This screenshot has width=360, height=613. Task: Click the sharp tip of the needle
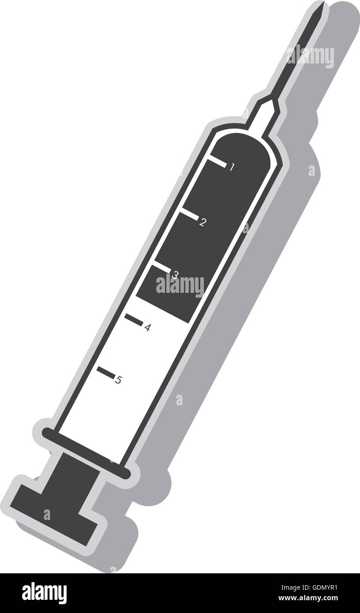(323, 4)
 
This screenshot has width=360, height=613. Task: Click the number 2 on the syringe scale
(202, 222)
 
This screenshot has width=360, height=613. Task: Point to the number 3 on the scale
(175, 275)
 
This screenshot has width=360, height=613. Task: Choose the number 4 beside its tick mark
(148, 328)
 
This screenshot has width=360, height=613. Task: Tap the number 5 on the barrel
(118, 380)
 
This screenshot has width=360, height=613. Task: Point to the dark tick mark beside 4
(134, 320)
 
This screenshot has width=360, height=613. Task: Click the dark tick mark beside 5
(106, 373)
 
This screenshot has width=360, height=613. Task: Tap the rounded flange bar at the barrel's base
(86, 454)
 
